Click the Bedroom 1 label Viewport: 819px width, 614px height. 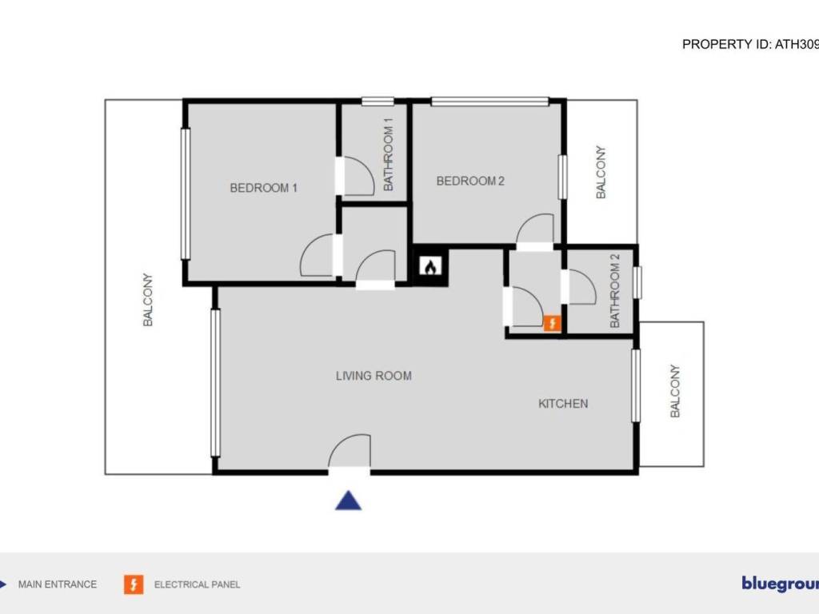pos(264,189)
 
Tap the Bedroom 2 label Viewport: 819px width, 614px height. pos(470,181)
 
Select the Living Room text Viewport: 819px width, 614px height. pos(374,376)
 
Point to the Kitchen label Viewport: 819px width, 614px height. pos(563,404)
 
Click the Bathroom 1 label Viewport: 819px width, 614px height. pos(389,154)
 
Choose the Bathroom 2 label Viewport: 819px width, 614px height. pos(615,291)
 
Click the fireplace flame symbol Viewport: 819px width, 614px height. pos(429,267)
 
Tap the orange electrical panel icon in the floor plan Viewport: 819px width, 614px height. pos(552,323)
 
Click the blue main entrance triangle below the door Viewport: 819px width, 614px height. pos(348,500)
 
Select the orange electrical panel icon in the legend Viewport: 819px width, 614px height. pos(134,584)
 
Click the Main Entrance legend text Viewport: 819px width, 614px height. pos(58,584)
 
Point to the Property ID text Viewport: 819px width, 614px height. pos(749,45)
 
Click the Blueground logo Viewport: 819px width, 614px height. pos(779,584)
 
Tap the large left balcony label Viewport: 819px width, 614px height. pos(148,300)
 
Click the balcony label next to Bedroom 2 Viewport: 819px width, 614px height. pos(601,172)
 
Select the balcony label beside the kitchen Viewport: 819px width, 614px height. pos(674,391)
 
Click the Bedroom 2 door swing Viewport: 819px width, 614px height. pos(534,229)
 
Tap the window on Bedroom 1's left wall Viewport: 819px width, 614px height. pos(186,193)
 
